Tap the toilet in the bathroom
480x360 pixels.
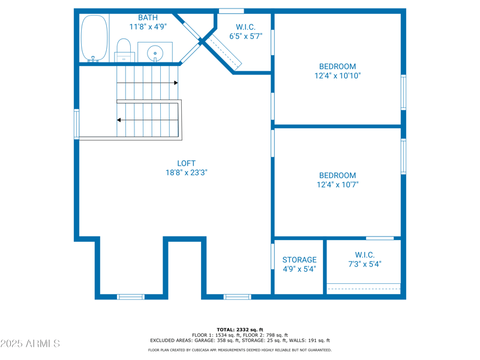[x=124, y=49]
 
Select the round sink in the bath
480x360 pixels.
[x=155, y=53]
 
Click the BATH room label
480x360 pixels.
[x=148, y=17]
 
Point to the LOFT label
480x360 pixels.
[x=186, y=163]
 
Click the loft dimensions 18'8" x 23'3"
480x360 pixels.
[x=186, y=173]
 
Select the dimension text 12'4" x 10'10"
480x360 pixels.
[x=337, y=76]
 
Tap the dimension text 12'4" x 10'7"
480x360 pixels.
[x=337, y=185]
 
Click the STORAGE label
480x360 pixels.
[x=299, y=260]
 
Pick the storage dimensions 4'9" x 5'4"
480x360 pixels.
[x=299, y=269]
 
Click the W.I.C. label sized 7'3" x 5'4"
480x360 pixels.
[x=364, y=255]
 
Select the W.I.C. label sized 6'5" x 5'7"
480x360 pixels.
[x=246, y=26]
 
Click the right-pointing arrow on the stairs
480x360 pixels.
[x=175, y=83]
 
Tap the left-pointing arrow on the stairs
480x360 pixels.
[x=119, y=120]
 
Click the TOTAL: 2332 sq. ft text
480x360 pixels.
[x=240, y=329]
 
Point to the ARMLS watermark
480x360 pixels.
[x=30, y=344]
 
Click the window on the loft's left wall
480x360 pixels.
[x=76, y=124]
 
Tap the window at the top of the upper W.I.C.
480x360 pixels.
[x=231, y=11]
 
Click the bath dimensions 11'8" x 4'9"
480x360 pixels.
[x=148, y=27]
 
